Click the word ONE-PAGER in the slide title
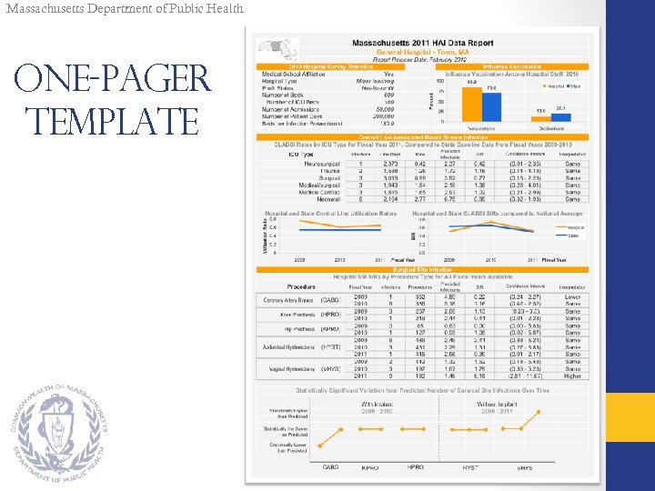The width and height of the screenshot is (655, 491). click(112, 79)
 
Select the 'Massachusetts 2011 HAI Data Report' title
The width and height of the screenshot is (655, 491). click(422, 44)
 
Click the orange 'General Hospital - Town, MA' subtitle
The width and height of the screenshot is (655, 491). click(422, 52)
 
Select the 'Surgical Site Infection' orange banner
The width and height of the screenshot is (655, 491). click(423, 269)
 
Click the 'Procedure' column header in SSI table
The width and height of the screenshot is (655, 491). click(301, 286)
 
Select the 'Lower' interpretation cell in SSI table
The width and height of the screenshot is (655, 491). click(572, 296)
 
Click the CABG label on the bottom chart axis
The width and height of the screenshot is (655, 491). click(330, 467)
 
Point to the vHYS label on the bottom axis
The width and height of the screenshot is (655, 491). click(525, 467)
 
